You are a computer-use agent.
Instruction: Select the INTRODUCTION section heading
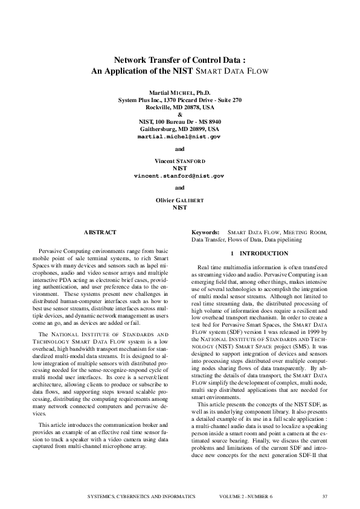(x=259, y=253)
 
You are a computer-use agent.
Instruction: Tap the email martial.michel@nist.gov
(x=179, y=137)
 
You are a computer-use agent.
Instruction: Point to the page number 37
(x=324, y=496)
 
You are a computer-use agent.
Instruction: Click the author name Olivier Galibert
(x=179, y=199)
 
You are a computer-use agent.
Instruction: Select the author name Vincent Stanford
(x=179, y=161)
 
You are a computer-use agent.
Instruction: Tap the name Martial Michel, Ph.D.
(x=179, y=92)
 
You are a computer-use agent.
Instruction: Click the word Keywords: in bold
(x=205, y=232)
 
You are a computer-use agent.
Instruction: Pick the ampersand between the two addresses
(x=179, y=114)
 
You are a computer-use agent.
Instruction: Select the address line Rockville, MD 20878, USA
(x=179, y=107)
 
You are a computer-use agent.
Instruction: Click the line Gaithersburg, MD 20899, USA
(x=179, y=129)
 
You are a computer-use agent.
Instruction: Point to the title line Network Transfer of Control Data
(x=179, y=60)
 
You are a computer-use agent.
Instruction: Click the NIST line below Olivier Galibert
(x=179, y=207)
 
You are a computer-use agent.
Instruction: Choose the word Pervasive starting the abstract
(x=52, y=250)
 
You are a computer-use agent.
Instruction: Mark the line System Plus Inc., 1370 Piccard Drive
(x=179, y=100)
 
